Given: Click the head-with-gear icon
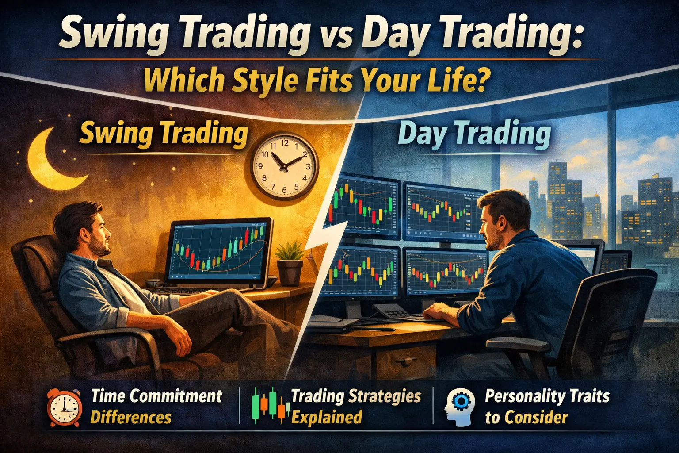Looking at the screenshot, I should [x=460, y=406].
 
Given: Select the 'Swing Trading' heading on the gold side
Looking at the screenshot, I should [x=164, y=133].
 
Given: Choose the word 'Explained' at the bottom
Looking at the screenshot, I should [x=327, y=417].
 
